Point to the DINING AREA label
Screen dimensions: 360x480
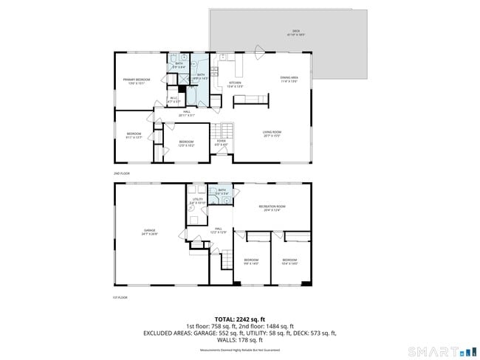(289, 79)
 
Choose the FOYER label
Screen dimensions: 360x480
(220, 142)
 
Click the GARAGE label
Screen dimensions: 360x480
(150, 232)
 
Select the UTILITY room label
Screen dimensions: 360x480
(197, 201)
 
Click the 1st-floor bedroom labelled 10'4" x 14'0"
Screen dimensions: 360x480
(289, 261)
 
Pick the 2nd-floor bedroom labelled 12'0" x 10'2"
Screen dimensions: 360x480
(186, 143)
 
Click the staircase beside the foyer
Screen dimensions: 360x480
(223, 130)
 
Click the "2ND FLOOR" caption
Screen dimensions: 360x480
(122, 173)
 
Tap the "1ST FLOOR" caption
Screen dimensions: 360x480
(121, 297)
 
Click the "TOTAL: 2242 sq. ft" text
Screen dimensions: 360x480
(240, 319)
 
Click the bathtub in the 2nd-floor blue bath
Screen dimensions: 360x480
(191, 94)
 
